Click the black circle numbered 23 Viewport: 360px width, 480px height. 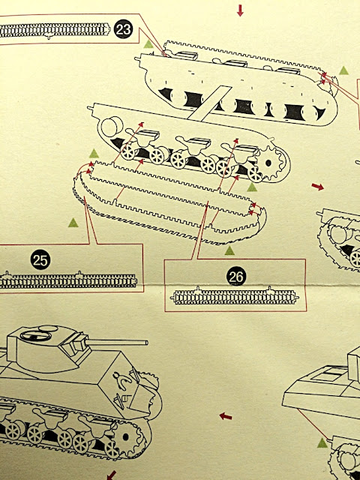point(123,29)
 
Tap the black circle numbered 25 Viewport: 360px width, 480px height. point(40,259)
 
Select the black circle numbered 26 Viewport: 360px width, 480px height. point(236,276)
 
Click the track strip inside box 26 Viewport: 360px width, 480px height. point(235,296)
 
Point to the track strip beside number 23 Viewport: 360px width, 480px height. point(55,30)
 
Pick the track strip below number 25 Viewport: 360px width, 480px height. point(68,280)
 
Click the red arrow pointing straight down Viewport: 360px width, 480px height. point(240,10)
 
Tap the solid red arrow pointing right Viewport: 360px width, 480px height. point(318,187)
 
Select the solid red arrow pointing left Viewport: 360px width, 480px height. point(226,416)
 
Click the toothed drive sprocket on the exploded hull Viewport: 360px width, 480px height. point(268,163)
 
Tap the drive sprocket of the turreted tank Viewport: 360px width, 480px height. point(126,437)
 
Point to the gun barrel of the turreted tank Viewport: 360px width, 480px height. point(116,342)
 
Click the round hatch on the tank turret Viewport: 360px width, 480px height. point(36,335)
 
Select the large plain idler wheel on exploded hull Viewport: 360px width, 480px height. point(110,127)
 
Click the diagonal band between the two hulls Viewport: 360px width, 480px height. point(209,103)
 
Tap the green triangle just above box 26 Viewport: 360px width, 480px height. point(229,250)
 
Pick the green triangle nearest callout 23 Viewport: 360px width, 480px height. point(148,44)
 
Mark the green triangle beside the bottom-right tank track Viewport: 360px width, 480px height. point(322,443)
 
